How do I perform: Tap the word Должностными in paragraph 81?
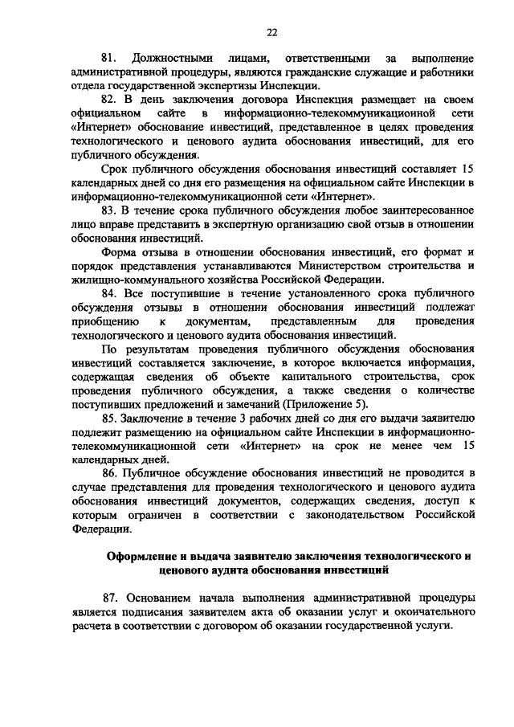coord(169,59)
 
